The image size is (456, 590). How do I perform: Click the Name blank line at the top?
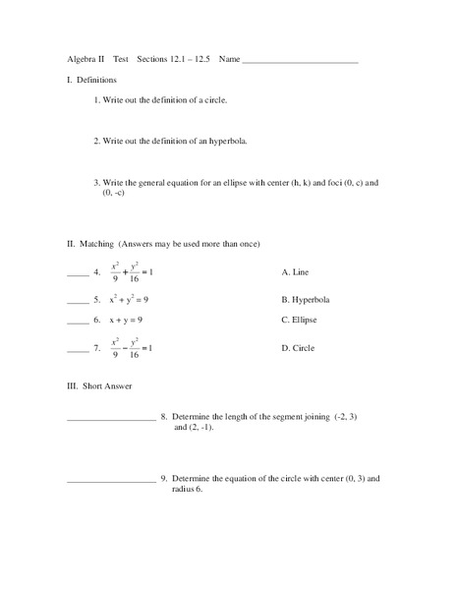(300, 62)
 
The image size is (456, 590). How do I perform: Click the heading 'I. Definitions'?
(91, 79)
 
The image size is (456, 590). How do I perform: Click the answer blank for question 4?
(78, 272)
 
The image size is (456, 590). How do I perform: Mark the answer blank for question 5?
(78, 300)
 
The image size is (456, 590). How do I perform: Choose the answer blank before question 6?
(78, 322)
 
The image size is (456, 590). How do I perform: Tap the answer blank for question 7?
(78, 349)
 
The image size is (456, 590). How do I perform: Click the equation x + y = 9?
(126, 320)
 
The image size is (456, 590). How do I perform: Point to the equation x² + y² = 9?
(129, 298)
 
